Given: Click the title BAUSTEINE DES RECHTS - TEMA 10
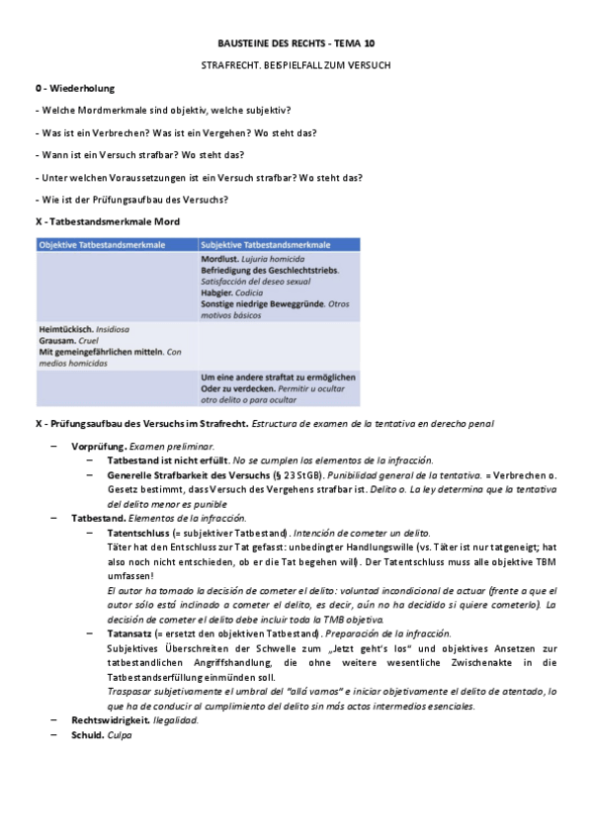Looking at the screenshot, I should click(296, 44).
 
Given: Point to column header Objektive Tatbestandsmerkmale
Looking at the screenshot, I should click(102, 244).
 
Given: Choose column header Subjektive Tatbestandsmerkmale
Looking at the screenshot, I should click(266, 244).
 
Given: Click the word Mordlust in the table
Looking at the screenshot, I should click(218, 259).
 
